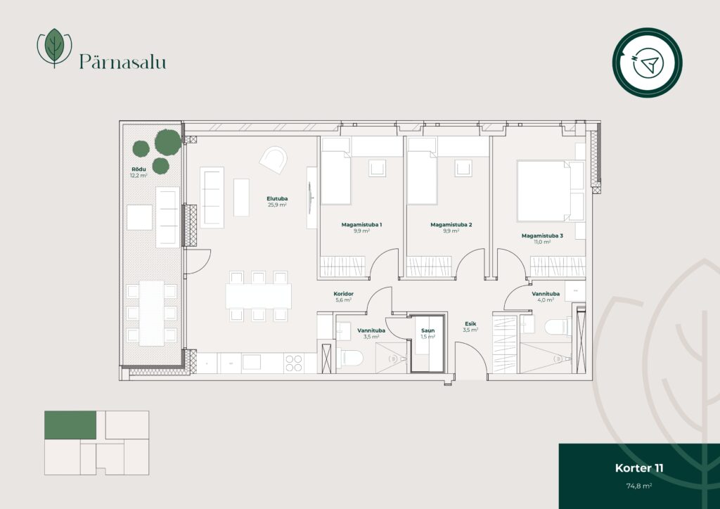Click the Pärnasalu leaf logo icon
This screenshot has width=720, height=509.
(x=54, y=48)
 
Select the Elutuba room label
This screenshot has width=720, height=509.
(x=277, y=199)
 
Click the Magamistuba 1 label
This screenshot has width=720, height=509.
(x=361, y=225)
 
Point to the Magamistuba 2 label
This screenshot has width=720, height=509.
(x=451, y=225)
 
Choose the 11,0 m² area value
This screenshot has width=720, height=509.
(x=542, y=242)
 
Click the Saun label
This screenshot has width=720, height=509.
(x=427, y=330)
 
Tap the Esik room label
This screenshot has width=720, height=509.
(x=470, y=323)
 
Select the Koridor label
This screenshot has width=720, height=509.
(x=343, y=294)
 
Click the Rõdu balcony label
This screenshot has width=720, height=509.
(x=139, y=169)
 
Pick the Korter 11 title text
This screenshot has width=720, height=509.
(x=638, y=468)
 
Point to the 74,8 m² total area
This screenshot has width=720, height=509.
(x=638, y=486)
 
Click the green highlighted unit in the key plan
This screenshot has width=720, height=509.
(x=70, y=425)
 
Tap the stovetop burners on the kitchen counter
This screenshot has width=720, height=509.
(x=294, y=363)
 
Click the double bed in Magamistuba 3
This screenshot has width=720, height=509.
(x=550, y=191)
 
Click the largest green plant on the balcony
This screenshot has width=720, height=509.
(x=167, y=142)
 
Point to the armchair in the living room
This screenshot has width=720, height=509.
(x=274, y=160)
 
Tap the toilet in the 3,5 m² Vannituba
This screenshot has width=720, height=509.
(x=350, y=358)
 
